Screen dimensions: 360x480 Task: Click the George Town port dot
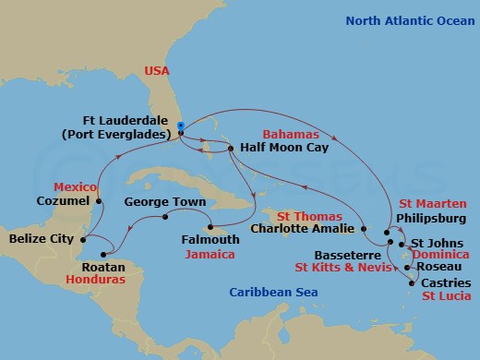165,218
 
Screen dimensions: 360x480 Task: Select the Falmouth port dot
210,227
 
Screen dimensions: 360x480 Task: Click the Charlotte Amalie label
303,228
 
